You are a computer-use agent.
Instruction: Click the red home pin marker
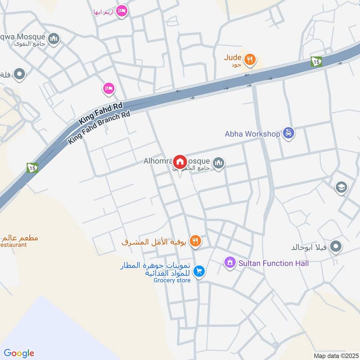pos(180,162)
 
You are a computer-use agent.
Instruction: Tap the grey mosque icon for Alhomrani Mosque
pos(219,163)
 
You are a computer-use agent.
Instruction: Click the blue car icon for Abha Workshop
pos(288,134)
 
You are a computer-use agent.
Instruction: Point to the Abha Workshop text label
pos(252,134)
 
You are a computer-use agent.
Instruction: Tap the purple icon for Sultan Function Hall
pos(230,262)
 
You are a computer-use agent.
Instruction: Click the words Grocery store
pos(172,280)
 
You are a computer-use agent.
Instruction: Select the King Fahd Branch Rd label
pos(99,128)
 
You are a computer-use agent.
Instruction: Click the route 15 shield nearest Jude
pos(316,62)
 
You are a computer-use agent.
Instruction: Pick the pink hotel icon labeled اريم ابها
pos(121,11)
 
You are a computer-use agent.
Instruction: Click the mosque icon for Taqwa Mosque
pos(55,39)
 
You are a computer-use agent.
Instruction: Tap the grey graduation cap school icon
pos(342,187)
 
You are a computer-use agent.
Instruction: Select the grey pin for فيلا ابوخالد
pos(336,247)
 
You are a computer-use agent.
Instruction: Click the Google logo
pos(18,353)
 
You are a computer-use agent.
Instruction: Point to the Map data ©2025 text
pos(335,355)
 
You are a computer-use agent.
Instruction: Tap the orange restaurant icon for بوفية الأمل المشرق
pos(195,242)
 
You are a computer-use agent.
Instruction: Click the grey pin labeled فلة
pos(19,74)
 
